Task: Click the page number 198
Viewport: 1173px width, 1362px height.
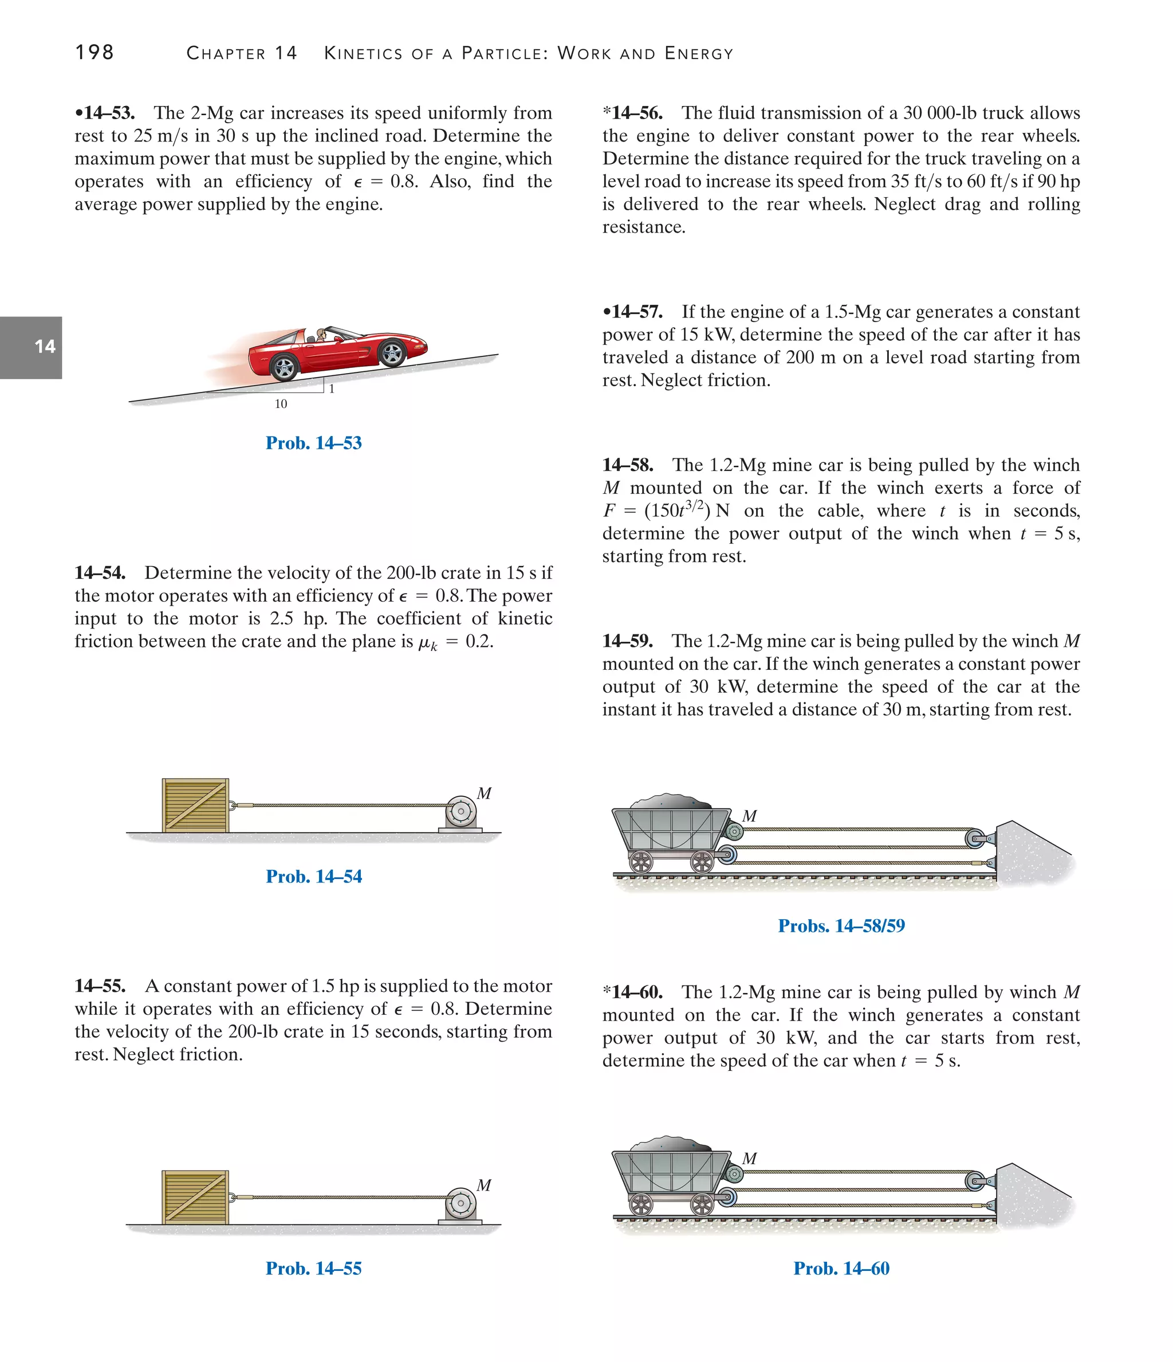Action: pos(95,52)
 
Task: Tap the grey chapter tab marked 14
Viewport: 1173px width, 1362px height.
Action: pos(32,347)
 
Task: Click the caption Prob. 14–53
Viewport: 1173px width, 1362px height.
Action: pos(313,443)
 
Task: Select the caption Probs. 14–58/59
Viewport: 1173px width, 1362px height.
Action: pos(841,926)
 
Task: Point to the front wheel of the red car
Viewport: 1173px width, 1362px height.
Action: pos(392,354)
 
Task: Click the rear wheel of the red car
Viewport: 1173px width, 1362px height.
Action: pos(285,367)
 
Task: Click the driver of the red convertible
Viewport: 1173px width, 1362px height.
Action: pos(322,336)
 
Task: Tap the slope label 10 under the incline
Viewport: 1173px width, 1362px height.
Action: pos(281,405)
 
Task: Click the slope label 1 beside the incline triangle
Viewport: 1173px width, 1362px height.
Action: pos(332,389)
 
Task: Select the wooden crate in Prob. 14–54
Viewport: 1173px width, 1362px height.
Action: pos(196,805)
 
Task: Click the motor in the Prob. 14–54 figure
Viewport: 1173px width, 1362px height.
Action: pos(460,813)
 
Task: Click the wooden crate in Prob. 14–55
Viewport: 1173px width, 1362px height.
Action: pos(196,1197)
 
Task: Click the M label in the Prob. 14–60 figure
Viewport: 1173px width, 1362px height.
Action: pos(749,1159)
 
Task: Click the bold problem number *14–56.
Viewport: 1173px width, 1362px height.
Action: pos(633,113)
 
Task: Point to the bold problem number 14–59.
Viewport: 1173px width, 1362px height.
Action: pos(628,641)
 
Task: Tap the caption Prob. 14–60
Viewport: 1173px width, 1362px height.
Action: pos(841,1269)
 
